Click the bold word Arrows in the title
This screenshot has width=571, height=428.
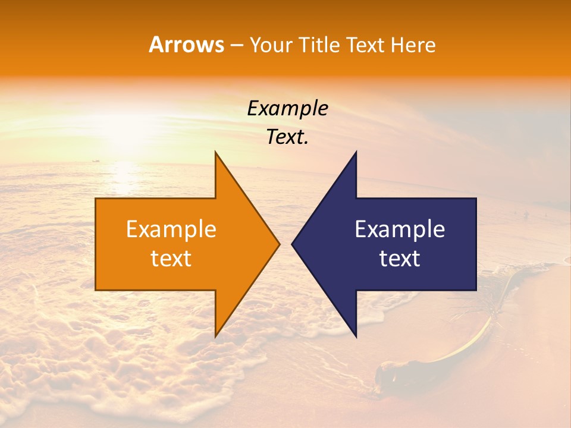point(186,45)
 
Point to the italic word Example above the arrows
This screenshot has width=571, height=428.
point(287,109)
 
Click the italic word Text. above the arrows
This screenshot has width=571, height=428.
point(287,137)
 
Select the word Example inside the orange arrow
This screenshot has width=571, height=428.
point(171,229)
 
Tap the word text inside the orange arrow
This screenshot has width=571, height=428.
point(171,259)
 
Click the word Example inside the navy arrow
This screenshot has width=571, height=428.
point(400,229)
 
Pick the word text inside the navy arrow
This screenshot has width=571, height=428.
point(400,259)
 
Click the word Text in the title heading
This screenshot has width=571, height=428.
point(366,45)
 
